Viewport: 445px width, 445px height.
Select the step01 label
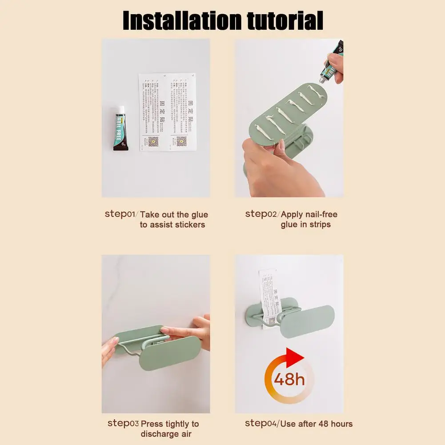pos(120,214)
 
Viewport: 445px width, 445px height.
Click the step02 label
pos(262,214)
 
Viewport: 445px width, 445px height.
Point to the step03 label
pos(123,424)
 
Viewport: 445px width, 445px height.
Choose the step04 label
pos(262,424)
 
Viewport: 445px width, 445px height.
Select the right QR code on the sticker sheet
pos(180,141)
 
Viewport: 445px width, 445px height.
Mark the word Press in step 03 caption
pos(152,424)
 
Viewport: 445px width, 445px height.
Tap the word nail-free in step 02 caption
pos(318,214)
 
